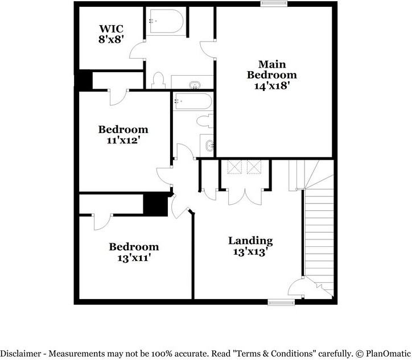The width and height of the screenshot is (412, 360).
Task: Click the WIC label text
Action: coord(111,28)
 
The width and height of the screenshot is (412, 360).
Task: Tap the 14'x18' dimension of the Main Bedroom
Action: coord(271,85)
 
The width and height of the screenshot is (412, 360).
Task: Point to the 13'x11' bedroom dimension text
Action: coord(134,257)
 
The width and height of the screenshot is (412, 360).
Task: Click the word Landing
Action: coord(250,241)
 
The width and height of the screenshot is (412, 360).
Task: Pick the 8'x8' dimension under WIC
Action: coord(111,39)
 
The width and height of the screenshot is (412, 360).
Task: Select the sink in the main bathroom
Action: coord(195,85)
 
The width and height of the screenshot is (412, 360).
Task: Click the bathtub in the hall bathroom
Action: coord(193,101)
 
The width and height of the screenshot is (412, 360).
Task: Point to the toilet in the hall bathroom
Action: coord(205,120)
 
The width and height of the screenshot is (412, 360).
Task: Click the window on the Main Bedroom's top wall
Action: coord(274,4)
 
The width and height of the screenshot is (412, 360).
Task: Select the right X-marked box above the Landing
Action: coord(254,167)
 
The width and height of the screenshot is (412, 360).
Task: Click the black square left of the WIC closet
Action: coord(85,80)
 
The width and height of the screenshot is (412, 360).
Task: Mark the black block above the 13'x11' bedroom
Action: coord(155,204)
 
